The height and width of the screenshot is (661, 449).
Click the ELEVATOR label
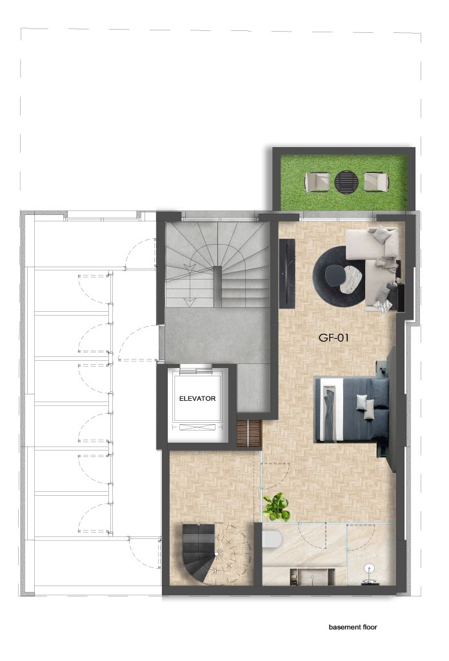click(x=197, y=398)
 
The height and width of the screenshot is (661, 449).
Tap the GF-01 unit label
click(x=333, y=338)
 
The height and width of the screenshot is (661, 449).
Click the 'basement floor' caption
click(x=352, y=627)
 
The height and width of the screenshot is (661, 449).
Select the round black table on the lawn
click(x=346, y=181)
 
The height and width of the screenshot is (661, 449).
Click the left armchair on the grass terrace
click(x=317, y=182)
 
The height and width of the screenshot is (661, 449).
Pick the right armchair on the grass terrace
click(x=376, y=181)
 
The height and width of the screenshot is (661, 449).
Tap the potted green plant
click(x=276, y=506)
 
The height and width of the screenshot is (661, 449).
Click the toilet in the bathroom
click(x=272, y=539)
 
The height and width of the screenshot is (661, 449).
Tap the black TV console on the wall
click(x=286, y=274)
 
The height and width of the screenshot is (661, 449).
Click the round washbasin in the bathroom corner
click(x=370, y=568)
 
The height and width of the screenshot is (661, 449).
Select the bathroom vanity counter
click(x=312, y=576)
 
